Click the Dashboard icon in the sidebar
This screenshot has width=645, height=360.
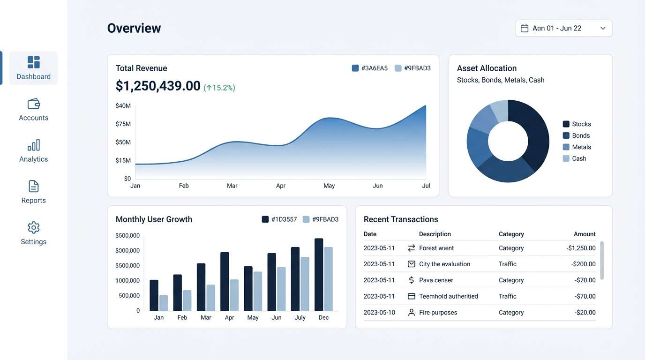[34, 62]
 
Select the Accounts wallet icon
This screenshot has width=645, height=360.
[34, 104]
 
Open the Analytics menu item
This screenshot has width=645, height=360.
[34, 150]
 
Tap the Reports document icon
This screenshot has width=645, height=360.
[34, 186]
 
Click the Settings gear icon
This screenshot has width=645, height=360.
[34, 227]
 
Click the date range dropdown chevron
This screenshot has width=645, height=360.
[603, 28]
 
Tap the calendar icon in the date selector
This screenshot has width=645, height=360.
[525, 28]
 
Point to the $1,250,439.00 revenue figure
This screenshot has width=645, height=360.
[158, 86]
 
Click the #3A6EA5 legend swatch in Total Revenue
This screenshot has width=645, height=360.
[355, 68]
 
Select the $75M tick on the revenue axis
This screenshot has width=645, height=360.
[123, 124]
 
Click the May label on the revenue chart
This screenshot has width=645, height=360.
[329, 186]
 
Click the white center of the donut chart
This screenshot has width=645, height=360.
[508, 141]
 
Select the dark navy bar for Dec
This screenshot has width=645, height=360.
[319, 275]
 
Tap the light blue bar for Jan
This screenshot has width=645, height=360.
[164, 303]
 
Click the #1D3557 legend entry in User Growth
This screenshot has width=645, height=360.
[279, 219]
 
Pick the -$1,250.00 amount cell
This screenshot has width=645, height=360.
[581, 248]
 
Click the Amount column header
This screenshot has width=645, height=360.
[585, 234]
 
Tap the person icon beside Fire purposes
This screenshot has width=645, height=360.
[412, 312]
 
